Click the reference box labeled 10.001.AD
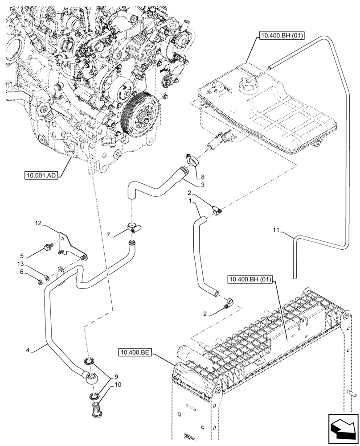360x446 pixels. click(41, 175)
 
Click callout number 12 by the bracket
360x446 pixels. click(38, 223)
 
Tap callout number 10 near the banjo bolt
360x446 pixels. click(118, 384)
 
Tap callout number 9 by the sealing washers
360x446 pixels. click(115, 376)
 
